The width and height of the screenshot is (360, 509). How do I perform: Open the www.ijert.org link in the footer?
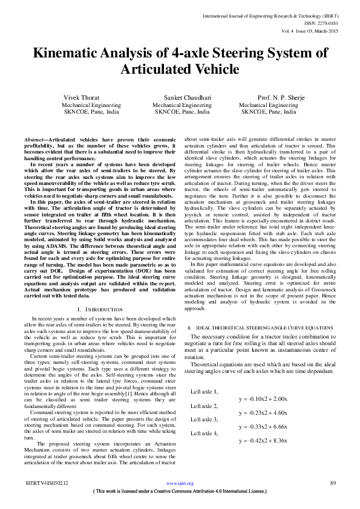(x=180, y=483)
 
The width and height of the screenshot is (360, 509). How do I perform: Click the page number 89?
(x=333, y=483)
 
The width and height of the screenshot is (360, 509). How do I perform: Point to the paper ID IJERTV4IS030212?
(x=47, y=483)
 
